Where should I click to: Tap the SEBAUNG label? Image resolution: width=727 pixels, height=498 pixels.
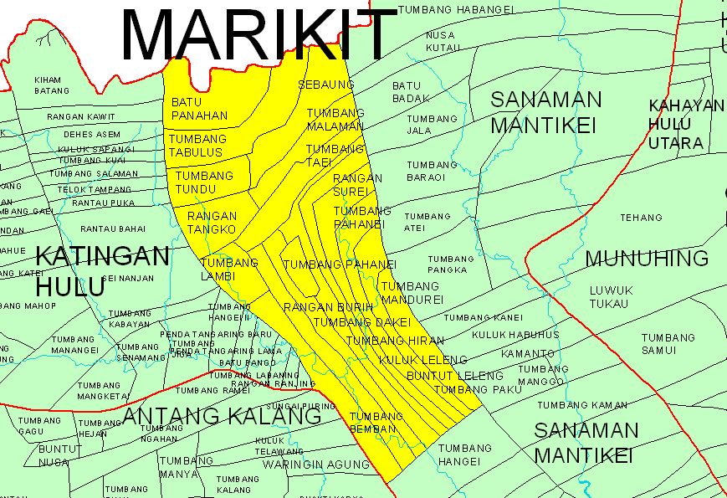(325, 85)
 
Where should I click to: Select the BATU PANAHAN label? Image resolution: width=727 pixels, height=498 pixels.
(199, 109)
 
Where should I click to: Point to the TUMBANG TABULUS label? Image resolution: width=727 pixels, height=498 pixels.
(197, 145)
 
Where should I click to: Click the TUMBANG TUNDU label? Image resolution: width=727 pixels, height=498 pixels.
(204, 182)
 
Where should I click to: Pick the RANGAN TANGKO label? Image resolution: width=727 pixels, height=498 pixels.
(212, 223)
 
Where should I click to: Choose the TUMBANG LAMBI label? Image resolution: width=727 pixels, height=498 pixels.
(230, 269)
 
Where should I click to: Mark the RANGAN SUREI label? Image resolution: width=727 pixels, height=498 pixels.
(357, 184)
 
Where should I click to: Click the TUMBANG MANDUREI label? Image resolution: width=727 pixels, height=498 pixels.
(410, 291)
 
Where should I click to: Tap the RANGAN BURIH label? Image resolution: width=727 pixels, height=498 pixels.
(328, 307)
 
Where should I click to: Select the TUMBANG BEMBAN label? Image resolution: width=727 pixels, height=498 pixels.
(376, 422)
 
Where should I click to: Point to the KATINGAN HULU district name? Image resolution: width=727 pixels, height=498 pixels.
(103, 270)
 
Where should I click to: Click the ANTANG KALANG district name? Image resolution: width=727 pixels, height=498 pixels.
(222, 416)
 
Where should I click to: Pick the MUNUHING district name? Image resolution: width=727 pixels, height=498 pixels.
(647, 258)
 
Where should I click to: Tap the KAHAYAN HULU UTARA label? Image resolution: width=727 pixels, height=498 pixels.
(686, 124)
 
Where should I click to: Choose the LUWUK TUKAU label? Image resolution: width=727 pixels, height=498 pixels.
(608, 296)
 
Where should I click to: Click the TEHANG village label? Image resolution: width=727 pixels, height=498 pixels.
(641, 218)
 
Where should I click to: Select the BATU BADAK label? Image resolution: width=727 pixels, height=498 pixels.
(410, 92)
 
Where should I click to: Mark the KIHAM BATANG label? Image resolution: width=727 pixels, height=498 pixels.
(52, 85)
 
